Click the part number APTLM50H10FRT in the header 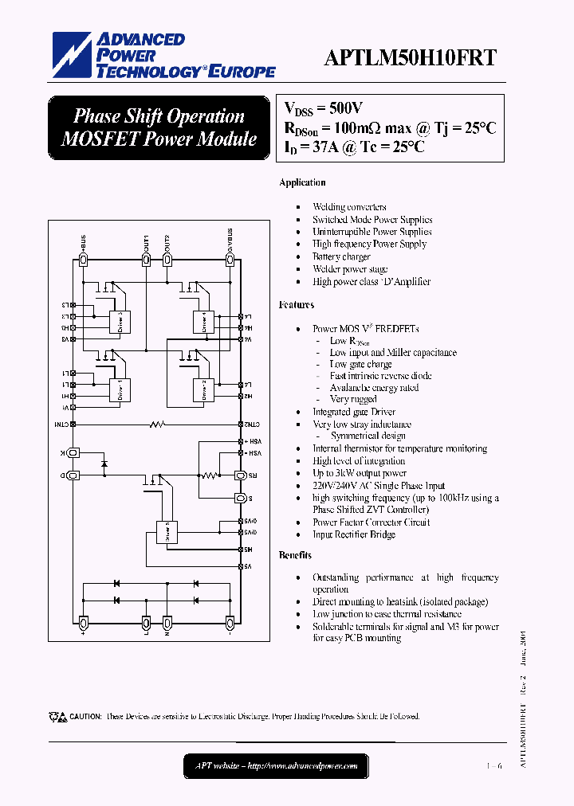[x=410, y=57]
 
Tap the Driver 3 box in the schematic [x=120, y=322]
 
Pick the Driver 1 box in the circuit [x=120, y=389]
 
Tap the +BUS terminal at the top [x=83, y=259]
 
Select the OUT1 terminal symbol [x=146, y=259]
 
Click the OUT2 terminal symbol [x=167, y=259]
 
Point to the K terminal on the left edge [x=72, y=452]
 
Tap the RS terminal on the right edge [x=238, y=475]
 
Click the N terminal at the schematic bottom [x=167, y=622]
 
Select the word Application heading [x=302, y=183]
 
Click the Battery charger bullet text [x=341, y=257]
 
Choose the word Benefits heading [x=295, y=555]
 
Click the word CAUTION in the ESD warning [x=85, y=717]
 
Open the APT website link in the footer [x=277, y=766]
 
